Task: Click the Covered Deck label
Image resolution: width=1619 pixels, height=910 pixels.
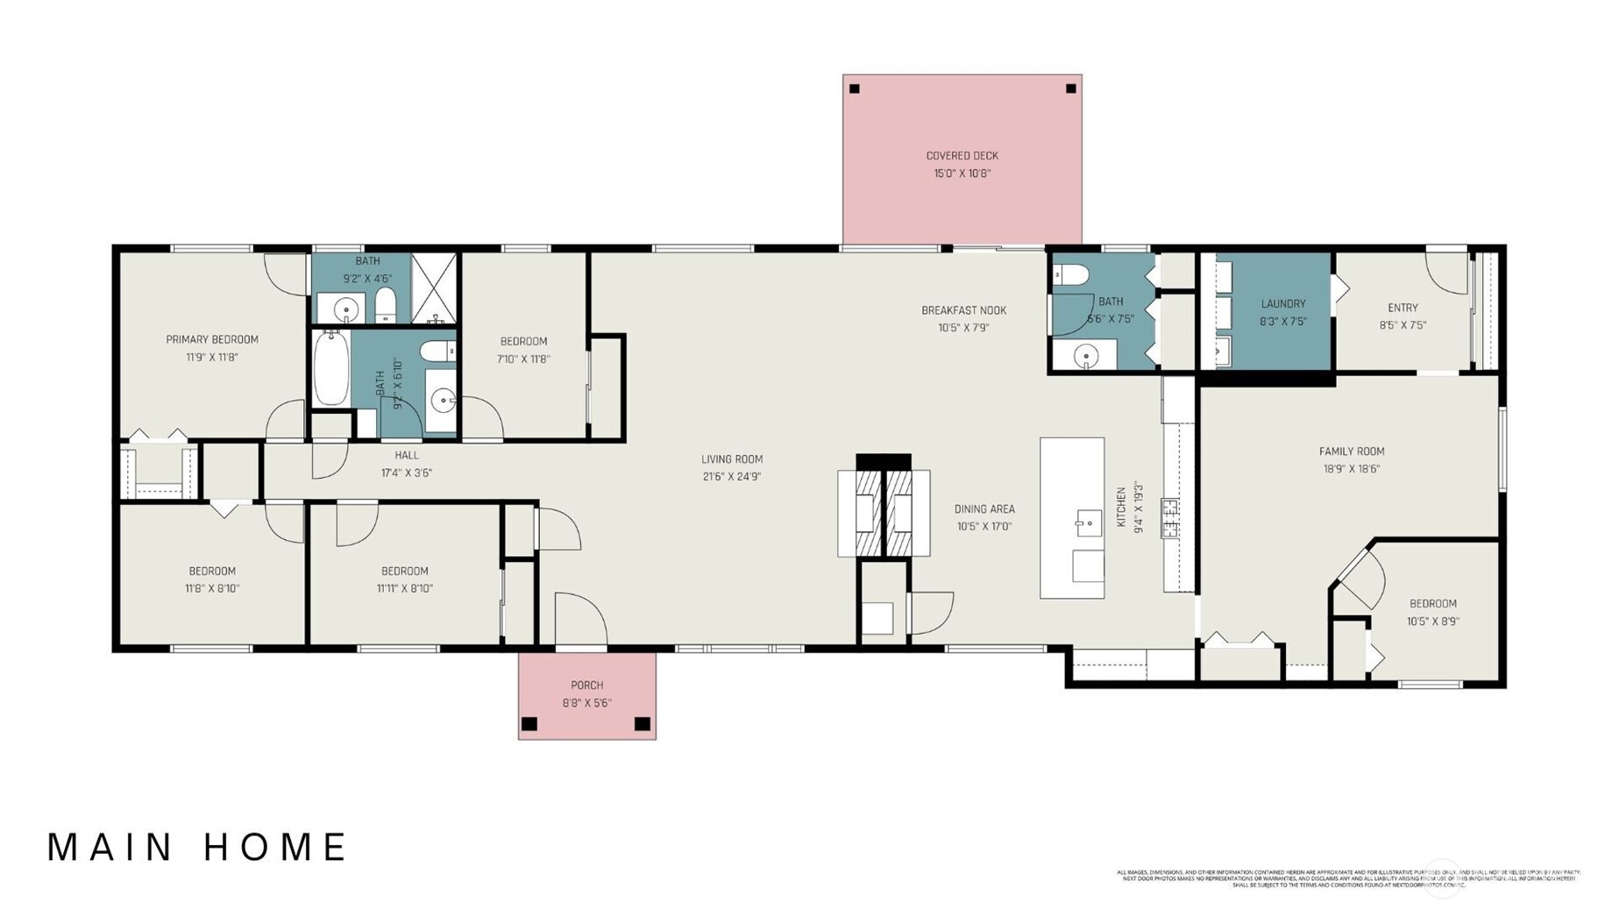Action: pyautogui.click(x=962, y=156)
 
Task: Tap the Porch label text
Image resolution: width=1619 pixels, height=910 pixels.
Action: pyautogui.click(x=586, y=686)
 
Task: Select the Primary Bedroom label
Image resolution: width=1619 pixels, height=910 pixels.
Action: pyautogui.click(x=212, y=340)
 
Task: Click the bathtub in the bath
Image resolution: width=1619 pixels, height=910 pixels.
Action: pyautogui.click(x=331, y=368)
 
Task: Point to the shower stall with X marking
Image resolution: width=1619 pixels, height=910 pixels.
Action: pyautogui.click(x=435, y=288)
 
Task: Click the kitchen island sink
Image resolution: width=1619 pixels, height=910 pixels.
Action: pyautogui.click(x=1088, y=523)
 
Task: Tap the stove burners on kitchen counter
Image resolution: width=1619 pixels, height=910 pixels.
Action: pyautogui.click(x=1170, y=517)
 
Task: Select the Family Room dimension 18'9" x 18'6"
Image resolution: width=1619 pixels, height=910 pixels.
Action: pyautogui.click(x=1351, y=469)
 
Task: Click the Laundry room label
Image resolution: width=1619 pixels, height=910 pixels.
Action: pyautogui.click(x=1282, y=304)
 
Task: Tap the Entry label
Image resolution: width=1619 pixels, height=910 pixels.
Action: pyautogui.click(x=1402, y=308)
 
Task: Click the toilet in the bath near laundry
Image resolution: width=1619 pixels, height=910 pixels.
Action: pyautogui.click(x=1070, y=275)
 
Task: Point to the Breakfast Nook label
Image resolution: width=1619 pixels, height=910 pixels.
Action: pyautogui.click(x=963, y=310)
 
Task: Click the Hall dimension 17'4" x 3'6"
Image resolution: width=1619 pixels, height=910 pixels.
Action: pyautogui.click(x=406, y=473)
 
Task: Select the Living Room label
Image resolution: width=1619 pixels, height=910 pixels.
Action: pyautogui.click(x=731, y=459)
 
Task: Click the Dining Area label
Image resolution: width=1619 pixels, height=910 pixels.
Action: pyautogui.click(x=983, y=509)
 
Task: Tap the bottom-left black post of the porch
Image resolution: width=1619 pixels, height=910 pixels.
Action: pyautogui.click(x=529, y=724)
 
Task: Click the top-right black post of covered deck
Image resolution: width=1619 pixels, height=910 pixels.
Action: pyautogui.click(x=1070, y=89)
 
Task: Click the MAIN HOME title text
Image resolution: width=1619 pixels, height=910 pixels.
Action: pyautogui.click(x=197, y=848)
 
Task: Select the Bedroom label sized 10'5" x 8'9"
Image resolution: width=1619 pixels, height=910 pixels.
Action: pyautogui.click(x=1432, y=604)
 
